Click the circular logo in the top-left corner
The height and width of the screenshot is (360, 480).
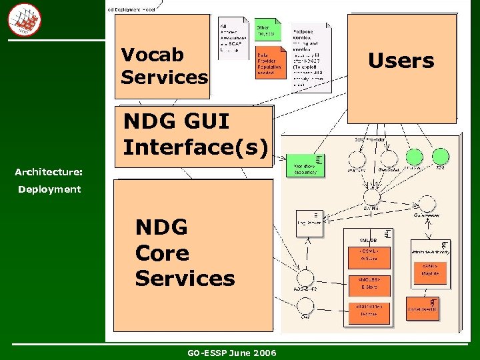pos(24,19)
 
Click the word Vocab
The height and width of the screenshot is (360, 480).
pos(152,54)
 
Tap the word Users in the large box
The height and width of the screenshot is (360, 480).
pos(401,61)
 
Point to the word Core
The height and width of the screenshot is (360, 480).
pos(162,253)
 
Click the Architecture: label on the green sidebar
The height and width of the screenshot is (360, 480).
pos(49,172)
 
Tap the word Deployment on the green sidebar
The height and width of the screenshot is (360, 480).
pos(49,189)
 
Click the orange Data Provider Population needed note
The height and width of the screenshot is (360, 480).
pos(269,63)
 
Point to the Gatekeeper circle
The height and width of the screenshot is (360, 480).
pos(425,204)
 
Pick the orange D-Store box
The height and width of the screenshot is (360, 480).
pos(368,310)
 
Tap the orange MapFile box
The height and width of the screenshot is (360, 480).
pos(429,269)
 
